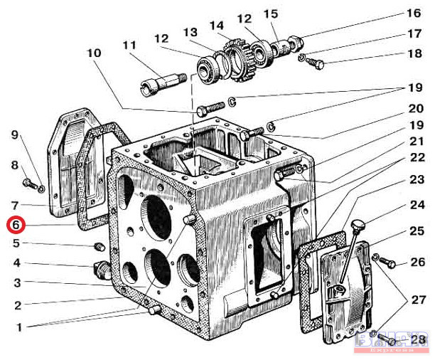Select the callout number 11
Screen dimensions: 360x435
point(129,46)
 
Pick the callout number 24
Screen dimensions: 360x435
point(417,206)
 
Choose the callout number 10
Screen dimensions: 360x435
point(95,53)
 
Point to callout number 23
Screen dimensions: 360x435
point(417,180)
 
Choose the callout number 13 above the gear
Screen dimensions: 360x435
point(190,32)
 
